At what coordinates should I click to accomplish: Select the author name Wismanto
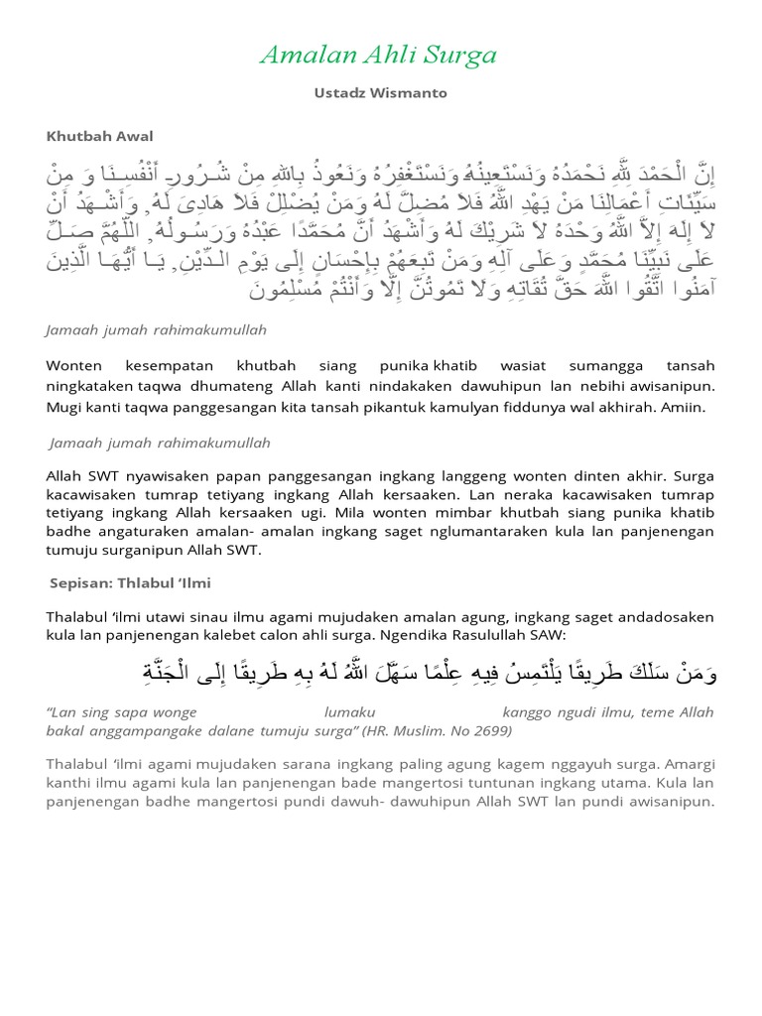411,92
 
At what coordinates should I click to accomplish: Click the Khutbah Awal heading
99,135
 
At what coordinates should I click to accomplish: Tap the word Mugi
63,407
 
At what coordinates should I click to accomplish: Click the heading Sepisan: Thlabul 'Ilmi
131,582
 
